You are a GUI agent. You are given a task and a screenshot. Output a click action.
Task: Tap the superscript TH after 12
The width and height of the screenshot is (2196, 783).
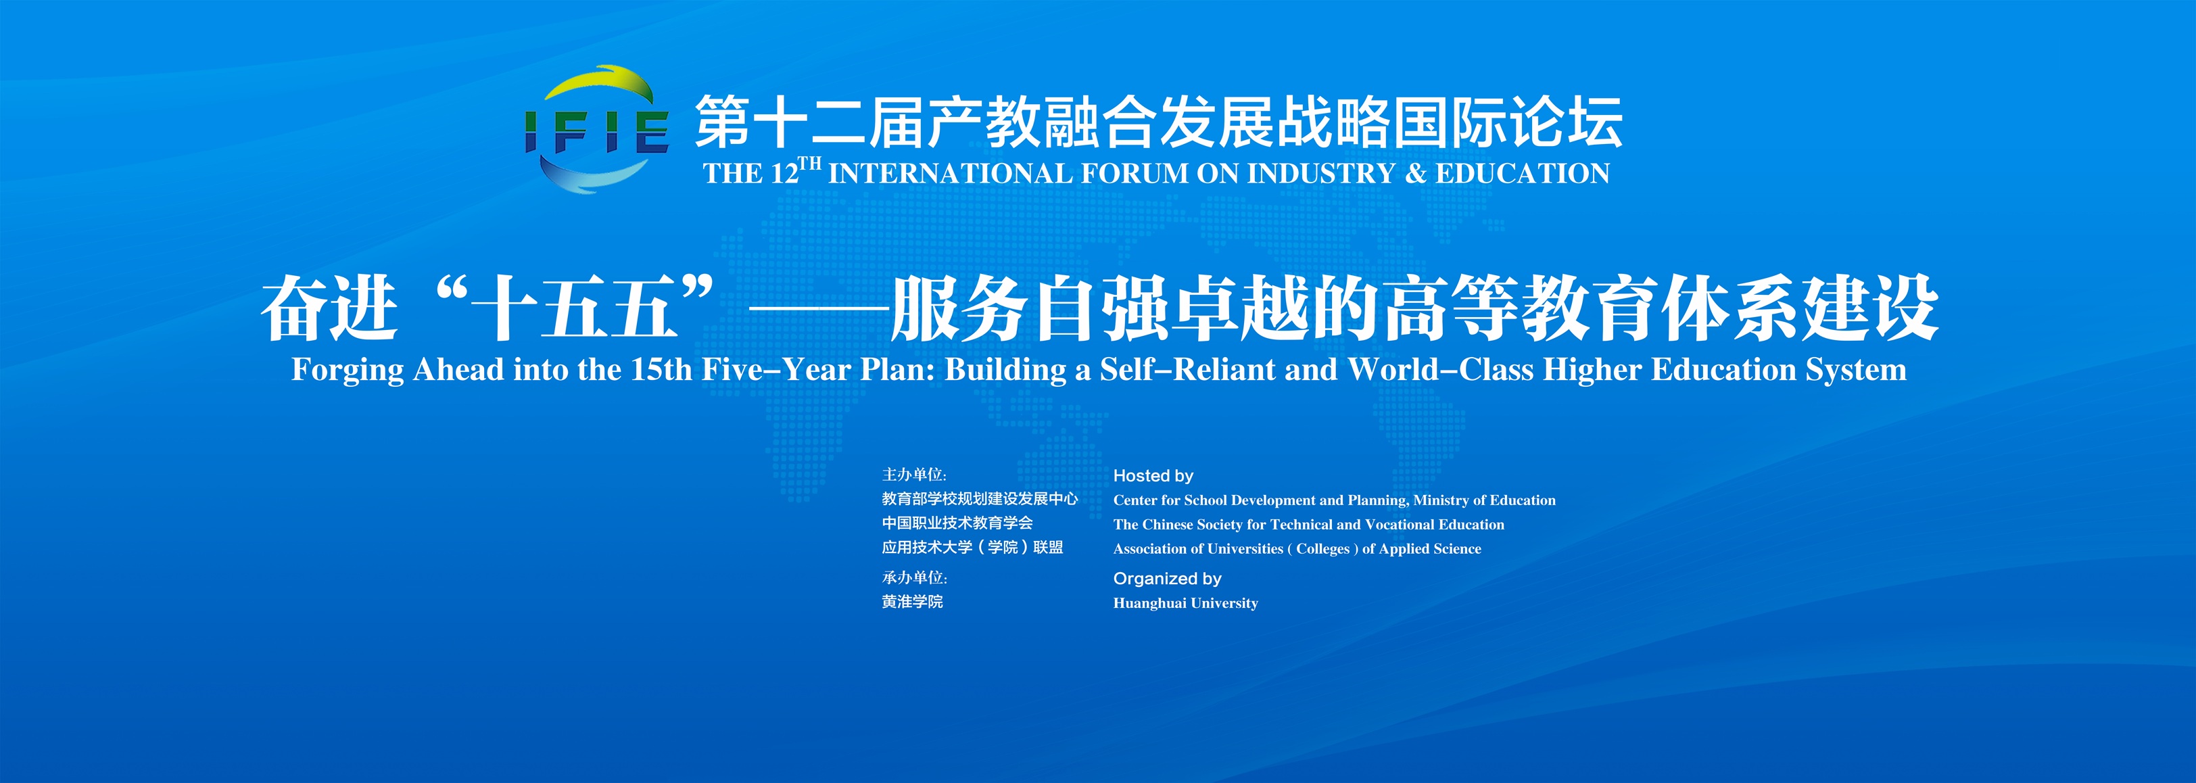[x=810, y=164]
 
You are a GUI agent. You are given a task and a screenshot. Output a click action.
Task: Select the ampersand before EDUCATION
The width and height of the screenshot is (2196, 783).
[x=1416, y=173]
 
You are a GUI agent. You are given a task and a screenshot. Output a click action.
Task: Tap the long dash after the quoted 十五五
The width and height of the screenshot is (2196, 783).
[x=818, y=309]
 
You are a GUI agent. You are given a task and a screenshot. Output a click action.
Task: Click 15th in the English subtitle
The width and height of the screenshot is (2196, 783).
[x=661, y=369]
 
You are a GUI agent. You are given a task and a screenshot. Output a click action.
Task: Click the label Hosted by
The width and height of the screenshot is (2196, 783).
[x=1153, y=476]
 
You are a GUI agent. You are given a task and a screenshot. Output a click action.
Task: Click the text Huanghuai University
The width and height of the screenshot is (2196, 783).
[x=1185, y=603]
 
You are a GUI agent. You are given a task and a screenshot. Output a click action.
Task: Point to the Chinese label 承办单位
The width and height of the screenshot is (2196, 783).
[x=914, y=578]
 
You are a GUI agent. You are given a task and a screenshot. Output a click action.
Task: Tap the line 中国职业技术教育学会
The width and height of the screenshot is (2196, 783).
[x=957, y=523]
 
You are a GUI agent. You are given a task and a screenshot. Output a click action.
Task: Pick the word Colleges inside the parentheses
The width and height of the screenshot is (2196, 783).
[x=1323, y=549]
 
